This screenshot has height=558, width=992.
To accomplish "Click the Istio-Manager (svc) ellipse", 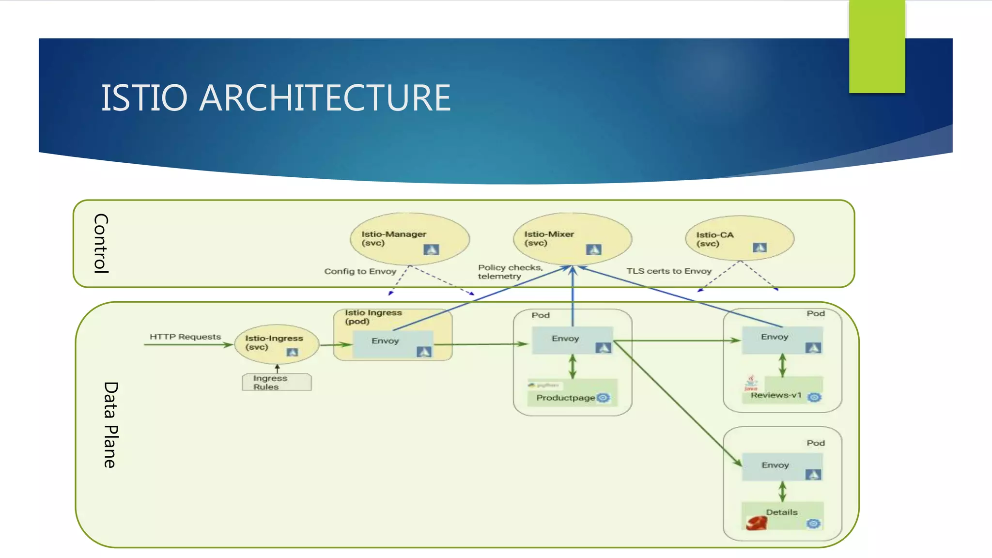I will [409, 239].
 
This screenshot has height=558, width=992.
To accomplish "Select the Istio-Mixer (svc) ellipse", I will [572, 239].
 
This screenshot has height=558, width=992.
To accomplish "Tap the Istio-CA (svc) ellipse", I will [739, 239].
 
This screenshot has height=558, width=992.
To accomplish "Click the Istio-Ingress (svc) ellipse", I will [276, 344].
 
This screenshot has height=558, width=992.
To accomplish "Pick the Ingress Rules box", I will [277, 382].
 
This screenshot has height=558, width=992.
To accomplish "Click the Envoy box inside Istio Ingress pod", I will [392, 344].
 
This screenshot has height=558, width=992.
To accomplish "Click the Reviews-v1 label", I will [776, 395].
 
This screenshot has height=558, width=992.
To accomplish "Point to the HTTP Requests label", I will [185, 337].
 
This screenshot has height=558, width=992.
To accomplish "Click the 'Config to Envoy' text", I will [360, 271].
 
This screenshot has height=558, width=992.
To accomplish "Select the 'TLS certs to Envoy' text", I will [668, 271].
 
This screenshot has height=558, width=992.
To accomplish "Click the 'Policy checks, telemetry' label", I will [510, 272].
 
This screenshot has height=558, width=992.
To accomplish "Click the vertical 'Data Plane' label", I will [110, 425].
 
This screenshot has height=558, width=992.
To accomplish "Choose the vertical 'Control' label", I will [101, 244].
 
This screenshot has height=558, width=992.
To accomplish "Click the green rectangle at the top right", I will [877, 46].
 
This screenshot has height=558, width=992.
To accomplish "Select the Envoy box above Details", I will [781, 466].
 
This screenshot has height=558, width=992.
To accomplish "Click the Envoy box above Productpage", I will [572, 340].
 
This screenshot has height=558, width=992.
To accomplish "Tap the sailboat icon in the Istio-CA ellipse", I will [759, 248].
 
